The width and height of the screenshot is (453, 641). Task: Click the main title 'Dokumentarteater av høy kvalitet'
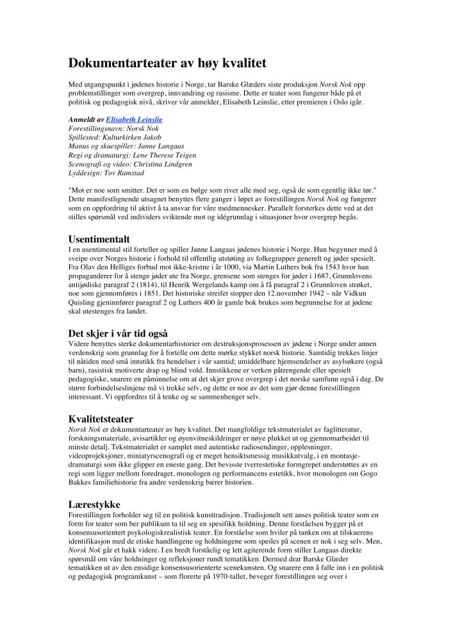[167, 63]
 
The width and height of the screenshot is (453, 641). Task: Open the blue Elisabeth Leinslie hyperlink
[134, 119]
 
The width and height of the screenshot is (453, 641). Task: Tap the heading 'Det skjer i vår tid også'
[118, 333]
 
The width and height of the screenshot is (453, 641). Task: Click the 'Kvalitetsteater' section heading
[101, 419]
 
